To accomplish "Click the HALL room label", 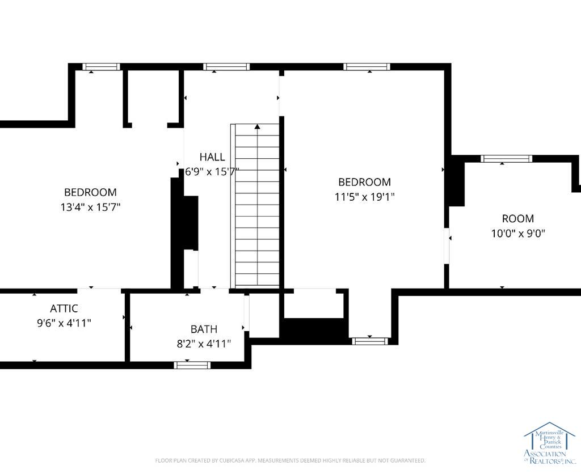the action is (x=212, y=157).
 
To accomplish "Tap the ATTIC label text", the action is (x=64, y=308).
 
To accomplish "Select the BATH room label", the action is (x=204, y=329).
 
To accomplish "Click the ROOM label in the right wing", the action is (x=518, y=218).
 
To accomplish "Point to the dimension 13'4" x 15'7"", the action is (x=90, y=207).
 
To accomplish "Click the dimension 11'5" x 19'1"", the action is (x=365, y=197).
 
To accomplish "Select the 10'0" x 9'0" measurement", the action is (x=518, y=234).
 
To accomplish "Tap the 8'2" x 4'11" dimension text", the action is (x=204, y=344).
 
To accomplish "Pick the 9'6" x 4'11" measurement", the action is (x=64, y=323).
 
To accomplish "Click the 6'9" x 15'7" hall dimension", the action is (x=212, y=172).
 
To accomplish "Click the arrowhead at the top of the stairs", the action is (x=257, y=127).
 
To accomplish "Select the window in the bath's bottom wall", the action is (x=192, y=365).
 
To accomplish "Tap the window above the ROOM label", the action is (x=507, y=159).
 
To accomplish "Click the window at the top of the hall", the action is (x=226, y=67).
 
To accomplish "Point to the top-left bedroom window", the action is (x=101, y=67).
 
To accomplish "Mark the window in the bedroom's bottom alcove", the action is (x=370, y=341).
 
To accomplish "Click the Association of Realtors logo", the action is (x=549, y=443).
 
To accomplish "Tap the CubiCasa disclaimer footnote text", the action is (x=290, y=460).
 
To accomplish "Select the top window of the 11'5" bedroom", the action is (x=367, y=67).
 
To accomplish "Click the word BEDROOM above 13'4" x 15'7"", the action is (x=90, y=192).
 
